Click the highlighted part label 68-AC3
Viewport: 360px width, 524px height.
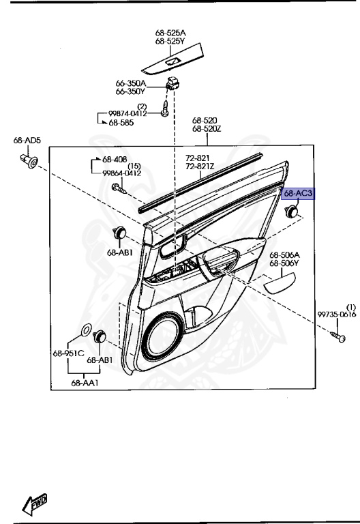(x=298, y=193)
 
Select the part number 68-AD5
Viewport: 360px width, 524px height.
(x=27, y=140)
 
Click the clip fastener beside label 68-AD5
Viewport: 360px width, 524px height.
(x=29, y=161)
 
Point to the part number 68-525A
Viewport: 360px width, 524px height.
(x=170, y=33)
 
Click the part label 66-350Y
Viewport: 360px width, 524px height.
(x=131, y=91)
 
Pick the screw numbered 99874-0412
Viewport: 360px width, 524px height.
(x=164, y=108)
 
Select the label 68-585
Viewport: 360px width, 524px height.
(x=121, y=123)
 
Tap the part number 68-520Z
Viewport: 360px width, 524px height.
(x=207, y=128)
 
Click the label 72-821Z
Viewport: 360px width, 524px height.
(x=200, y=166)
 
